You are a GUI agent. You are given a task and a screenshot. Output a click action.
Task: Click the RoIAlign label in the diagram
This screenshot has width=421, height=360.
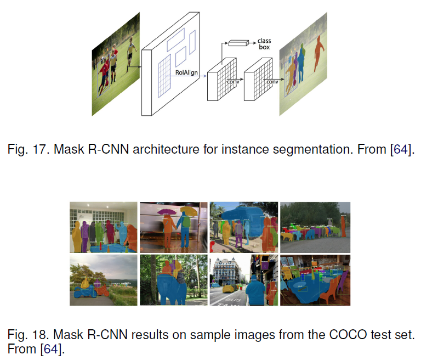click(186, 72)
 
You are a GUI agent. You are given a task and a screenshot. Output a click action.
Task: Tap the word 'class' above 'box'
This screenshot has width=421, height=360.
click(264, 41)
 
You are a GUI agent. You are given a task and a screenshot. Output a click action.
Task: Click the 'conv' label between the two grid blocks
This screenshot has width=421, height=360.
click(233, 82)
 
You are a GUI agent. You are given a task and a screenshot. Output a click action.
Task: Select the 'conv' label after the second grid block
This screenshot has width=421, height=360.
click(272, 81)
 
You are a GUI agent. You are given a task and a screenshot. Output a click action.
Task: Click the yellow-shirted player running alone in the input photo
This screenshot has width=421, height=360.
click(130, 55)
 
